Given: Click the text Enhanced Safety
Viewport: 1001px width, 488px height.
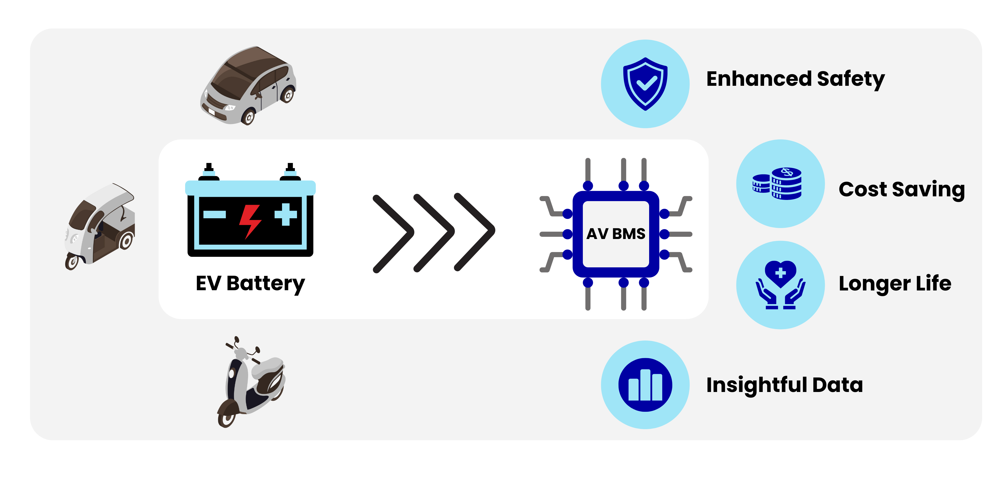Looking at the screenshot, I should [795, 79].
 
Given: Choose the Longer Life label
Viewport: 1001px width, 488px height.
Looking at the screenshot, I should [895, 283].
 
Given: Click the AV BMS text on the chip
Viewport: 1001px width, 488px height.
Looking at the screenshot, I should [616, 234].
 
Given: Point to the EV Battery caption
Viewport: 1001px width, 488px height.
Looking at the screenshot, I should [250, 283].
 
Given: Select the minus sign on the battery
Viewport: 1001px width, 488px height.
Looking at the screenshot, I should [214, 214].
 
